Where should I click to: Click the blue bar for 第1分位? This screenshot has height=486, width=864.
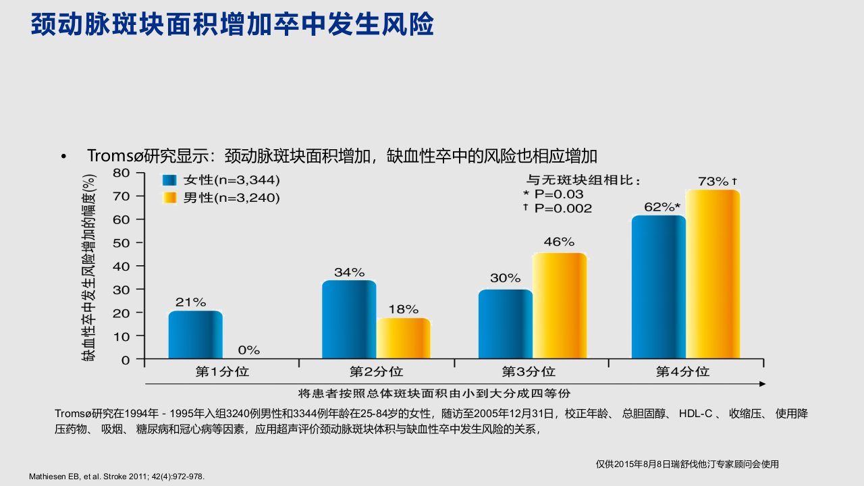click(196, 334)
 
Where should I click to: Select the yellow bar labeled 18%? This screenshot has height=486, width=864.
click(404, 338)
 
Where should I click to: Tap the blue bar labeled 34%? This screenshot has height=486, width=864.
click(349, 319)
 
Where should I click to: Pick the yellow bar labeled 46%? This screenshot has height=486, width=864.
click(560, 306)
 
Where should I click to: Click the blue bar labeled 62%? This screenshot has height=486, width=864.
click(659, 287)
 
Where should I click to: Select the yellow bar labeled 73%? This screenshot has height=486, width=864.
click(713, 274)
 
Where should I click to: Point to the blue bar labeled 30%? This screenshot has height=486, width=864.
click(506, 324)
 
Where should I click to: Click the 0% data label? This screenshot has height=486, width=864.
click(249, 350)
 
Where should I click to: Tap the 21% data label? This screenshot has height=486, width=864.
click(190, 302)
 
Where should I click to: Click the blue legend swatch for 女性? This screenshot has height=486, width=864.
click(169, 180)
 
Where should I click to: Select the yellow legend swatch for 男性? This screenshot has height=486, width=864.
click(169, 198)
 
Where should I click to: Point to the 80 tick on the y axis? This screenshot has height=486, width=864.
click(121, 173)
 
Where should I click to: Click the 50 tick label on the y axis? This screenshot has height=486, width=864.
click(121, 243)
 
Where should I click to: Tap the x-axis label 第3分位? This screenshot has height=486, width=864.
click(529, 372)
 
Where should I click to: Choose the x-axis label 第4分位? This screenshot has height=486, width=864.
click(682, 372)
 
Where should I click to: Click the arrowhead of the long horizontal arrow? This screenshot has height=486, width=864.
click(762, 384)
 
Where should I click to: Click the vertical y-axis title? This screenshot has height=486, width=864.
click(88, 267)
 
